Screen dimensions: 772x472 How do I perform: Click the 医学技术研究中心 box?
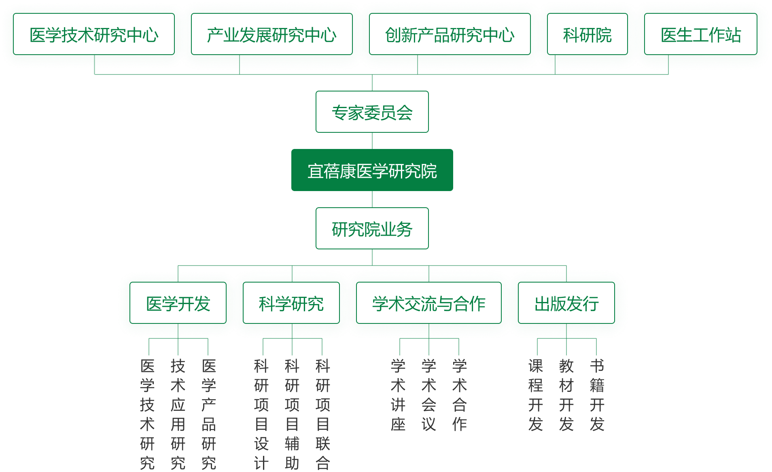tap(94, 34)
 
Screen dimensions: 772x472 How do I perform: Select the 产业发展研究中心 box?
tap(272, 34)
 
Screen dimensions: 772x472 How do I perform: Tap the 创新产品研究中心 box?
tap(450, 34)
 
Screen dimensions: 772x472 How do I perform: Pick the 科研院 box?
tap(587, 34)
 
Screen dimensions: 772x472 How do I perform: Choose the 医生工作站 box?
tap(701, 34)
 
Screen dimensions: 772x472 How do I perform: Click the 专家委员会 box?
tap(372, 112)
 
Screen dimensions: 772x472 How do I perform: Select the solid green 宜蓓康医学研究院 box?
tap(372, 170)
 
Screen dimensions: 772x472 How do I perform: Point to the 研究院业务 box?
tap(372, 228)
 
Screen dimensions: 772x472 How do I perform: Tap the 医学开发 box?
tap(178, 303)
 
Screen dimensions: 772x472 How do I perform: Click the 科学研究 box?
tap(291, 303)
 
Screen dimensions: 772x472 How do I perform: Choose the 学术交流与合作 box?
tap(429, 303)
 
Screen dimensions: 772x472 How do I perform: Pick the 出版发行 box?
tap(566, 303)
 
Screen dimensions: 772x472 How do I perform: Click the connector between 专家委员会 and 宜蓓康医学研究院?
tap(372, 141)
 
